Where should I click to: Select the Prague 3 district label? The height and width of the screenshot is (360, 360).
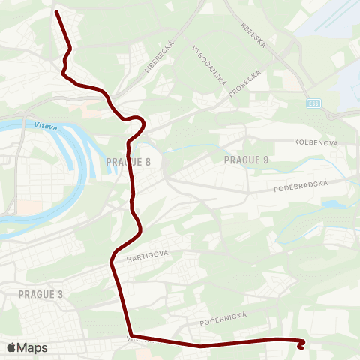pyautogui.click(x=40, y=294)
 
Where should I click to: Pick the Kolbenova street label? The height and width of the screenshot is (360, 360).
pyautogui.click(x=316, y=142)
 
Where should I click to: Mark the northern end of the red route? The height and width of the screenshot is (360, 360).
pyautogui.click(x=58, y=11)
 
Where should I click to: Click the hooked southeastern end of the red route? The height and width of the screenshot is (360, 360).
pyautogui.click(x=300, y=346)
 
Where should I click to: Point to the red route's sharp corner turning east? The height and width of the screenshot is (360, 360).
pyautogui.click(x=130, y=335)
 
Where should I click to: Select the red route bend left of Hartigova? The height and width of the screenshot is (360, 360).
pyautogui.click(x=112, y=261)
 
